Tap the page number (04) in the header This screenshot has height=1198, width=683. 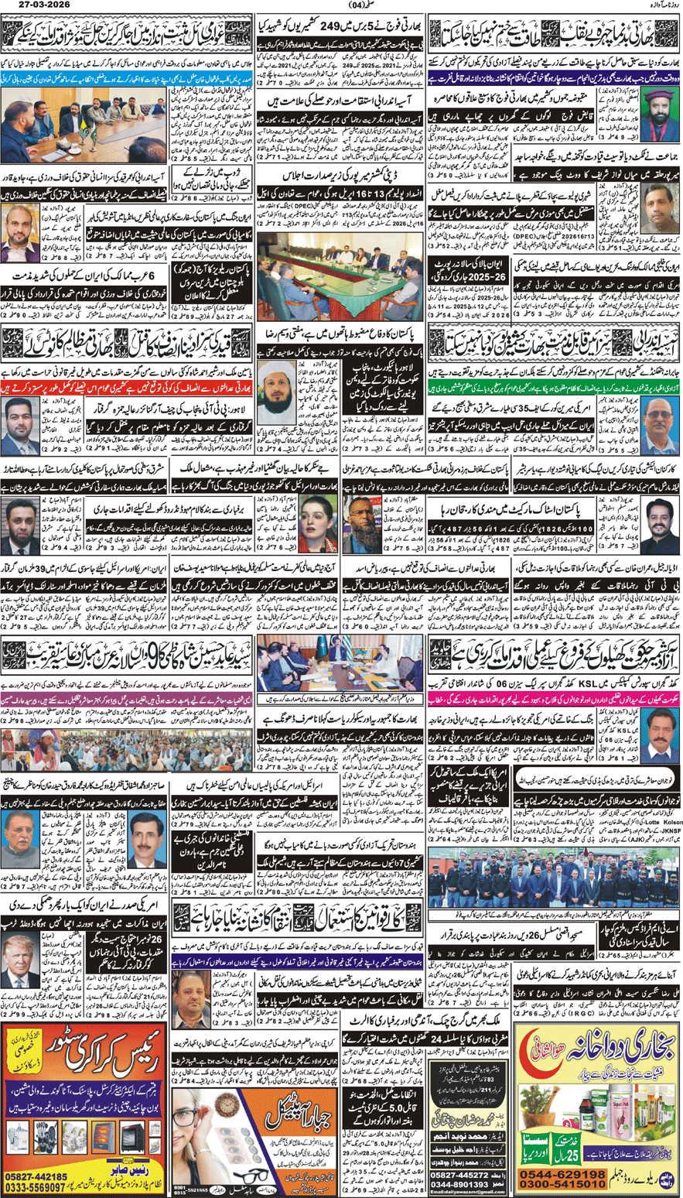click(341, 8)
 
